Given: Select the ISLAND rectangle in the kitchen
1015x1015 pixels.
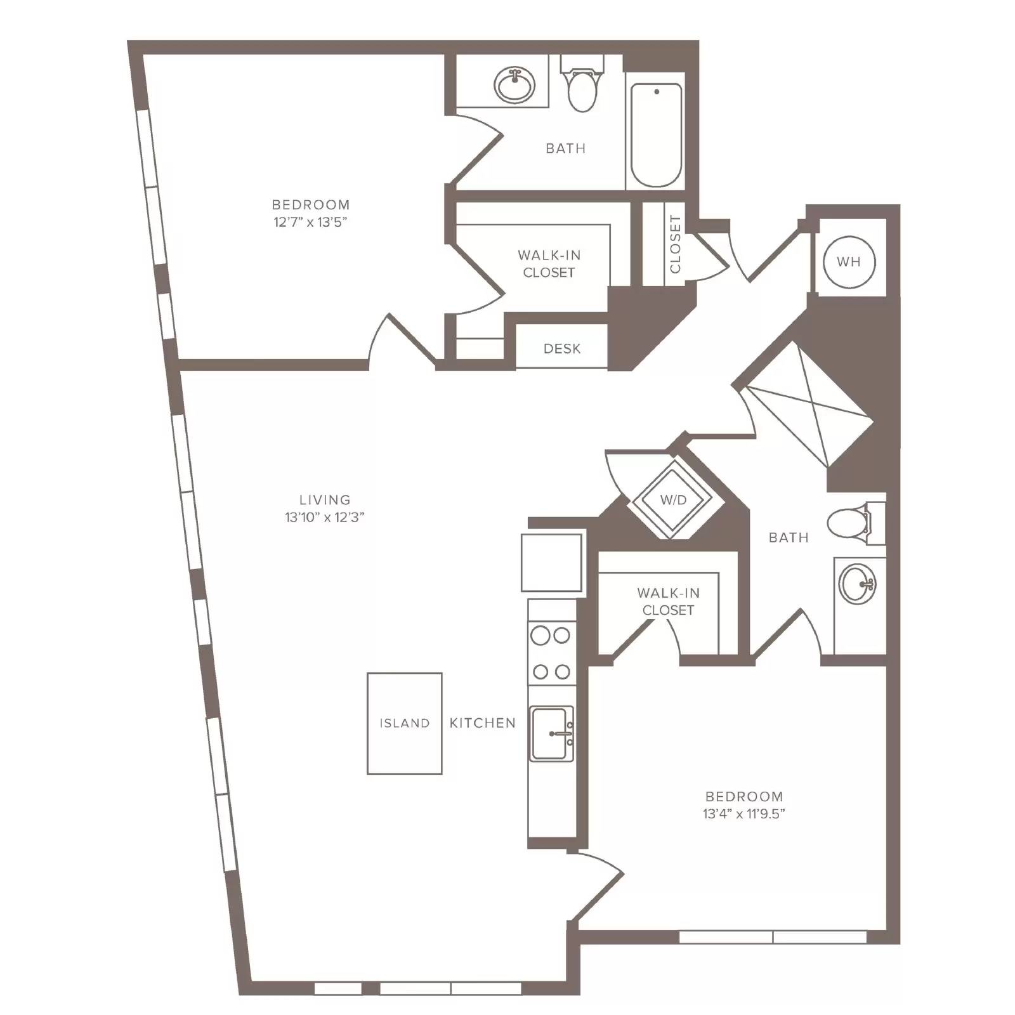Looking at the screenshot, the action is coord(405,723).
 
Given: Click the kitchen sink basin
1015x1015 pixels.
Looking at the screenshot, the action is coord(551,734).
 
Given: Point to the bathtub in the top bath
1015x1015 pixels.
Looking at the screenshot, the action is coord(656,135).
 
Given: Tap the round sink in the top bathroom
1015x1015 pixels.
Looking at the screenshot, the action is coord(514,85).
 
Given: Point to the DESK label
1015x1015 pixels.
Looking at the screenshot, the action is coord(562,348).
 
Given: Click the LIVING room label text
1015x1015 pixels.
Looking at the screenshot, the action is coord(325,500).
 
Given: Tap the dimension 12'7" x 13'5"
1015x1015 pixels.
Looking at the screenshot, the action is coord(311,222).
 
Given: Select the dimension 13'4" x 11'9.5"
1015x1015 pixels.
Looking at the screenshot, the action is coord(744,813).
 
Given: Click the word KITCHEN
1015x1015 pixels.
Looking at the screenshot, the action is coord(483,723).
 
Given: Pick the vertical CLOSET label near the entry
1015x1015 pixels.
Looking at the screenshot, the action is coord(675,244).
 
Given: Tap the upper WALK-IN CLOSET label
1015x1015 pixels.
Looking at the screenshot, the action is coord(549,264).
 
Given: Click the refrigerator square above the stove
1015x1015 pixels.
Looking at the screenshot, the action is coord(552,563).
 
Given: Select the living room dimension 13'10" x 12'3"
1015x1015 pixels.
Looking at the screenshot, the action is coord(325,517).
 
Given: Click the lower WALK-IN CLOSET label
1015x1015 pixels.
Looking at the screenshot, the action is coord(669,601).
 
